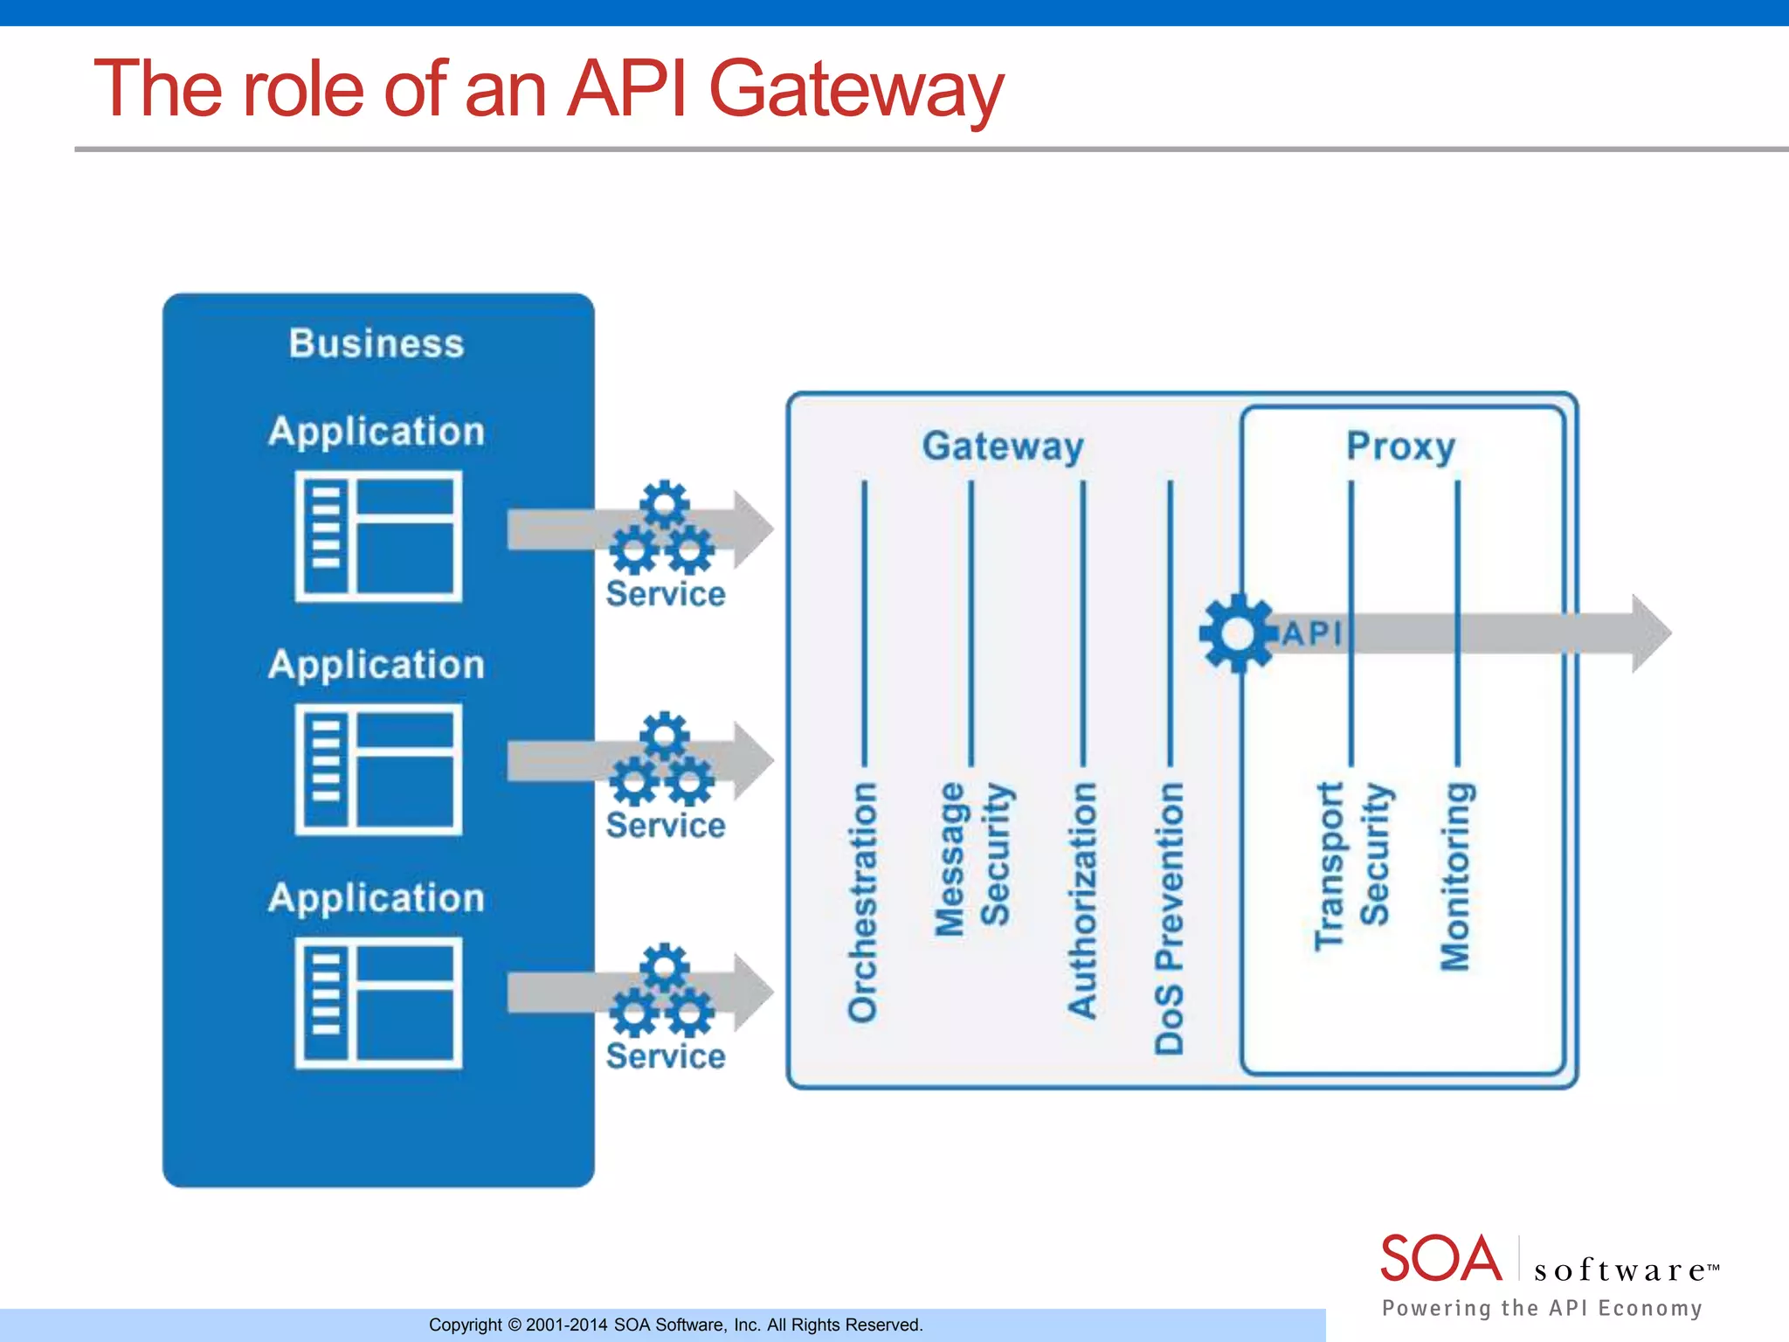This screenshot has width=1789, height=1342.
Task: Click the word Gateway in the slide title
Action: click(x=856, y=89)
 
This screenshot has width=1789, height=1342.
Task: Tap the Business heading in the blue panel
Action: click(x=376, y=343)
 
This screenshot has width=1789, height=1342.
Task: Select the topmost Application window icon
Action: click(x=378, y=536)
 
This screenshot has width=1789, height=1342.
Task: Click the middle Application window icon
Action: click(x=378, y=770)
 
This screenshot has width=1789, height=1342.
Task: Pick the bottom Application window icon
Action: click(x=378, y=1003)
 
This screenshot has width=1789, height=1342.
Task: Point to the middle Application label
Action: click(x=376, y=665)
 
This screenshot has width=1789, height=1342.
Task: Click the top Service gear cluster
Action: click(x=663, y=528)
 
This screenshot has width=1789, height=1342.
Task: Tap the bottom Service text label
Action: click(x=666, y=1056)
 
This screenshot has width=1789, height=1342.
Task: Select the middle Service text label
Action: click(x=666, y=826)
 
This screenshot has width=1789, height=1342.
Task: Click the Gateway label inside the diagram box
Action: click(x=1003, y=446)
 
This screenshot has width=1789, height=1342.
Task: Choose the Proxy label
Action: click(x=1400, y=446)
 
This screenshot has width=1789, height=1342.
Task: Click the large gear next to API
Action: click(x=1237, y=633)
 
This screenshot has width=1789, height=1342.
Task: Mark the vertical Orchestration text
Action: click(x=863, y=902)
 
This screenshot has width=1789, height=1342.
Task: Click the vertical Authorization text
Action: click(x=1083, y=900)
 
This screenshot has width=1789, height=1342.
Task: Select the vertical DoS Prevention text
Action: click(x=1170, y=917)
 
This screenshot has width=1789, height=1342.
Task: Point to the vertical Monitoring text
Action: click(x=1455, y=875)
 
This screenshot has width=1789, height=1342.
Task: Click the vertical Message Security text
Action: click(x=972, y=858)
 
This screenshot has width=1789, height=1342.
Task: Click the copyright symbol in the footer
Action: click(x=515, y=1325)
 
